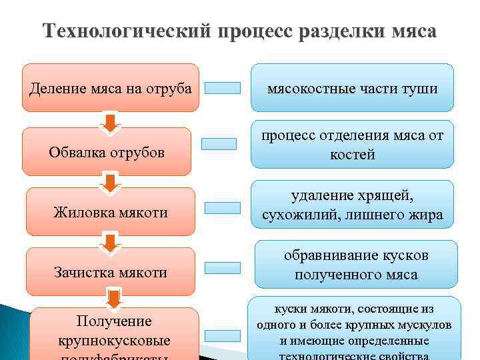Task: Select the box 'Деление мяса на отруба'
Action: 111,87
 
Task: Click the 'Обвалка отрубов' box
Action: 107,151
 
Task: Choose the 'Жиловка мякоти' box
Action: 111,212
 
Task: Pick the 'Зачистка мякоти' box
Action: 111,271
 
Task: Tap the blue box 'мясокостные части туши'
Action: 352,87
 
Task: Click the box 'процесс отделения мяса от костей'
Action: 352,145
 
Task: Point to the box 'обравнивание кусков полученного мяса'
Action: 355,265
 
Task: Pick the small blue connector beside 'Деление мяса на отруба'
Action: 222,87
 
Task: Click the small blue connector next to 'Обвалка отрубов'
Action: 219,143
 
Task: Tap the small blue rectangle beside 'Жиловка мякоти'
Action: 222,207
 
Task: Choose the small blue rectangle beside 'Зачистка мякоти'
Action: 222,267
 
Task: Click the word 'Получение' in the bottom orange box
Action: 114,321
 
